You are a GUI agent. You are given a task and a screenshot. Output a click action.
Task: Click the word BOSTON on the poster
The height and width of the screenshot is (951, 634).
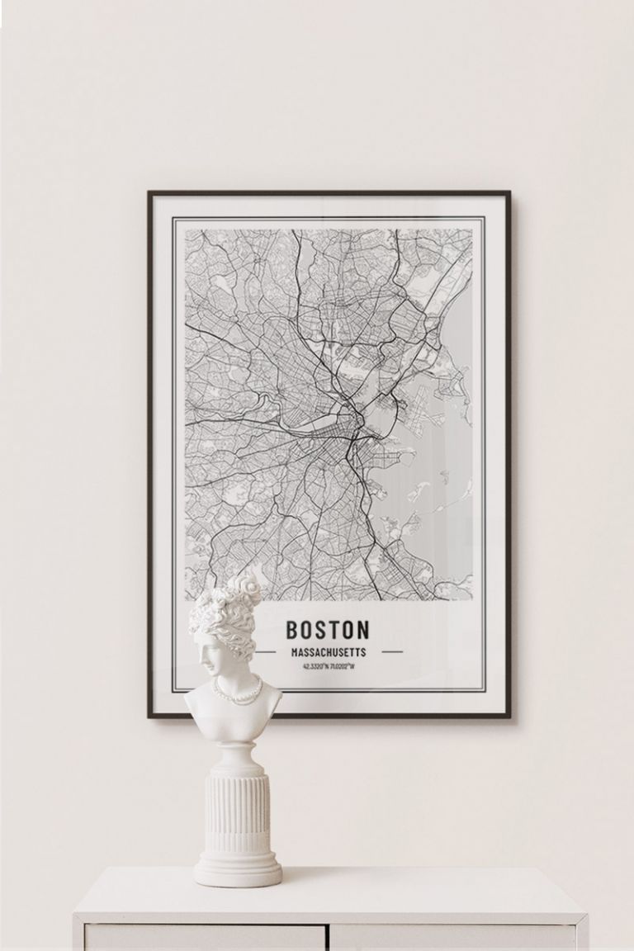[328, 630]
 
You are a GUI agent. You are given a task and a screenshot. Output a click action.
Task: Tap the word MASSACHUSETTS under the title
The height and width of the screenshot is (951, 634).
[329, 652]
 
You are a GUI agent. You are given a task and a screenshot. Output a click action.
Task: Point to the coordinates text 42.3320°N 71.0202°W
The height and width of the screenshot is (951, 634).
[329, 666]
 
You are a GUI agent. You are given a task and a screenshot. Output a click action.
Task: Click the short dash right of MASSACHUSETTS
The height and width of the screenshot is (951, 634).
[392, 651]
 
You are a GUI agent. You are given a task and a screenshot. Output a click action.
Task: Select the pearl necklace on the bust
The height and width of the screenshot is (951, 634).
[238, 693]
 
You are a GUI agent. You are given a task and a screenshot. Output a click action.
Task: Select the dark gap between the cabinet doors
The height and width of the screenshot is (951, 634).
[329, 938]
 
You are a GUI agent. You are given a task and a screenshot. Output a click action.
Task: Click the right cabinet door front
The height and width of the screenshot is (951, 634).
[454, 939]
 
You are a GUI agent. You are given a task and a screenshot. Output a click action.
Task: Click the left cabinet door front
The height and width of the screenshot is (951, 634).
[206, 939]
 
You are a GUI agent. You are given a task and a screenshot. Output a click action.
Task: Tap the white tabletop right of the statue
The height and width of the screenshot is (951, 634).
[429, 892]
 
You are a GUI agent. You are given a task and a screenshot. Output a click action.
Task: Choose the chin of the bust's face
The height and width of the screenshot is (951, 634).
[205, 673]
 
